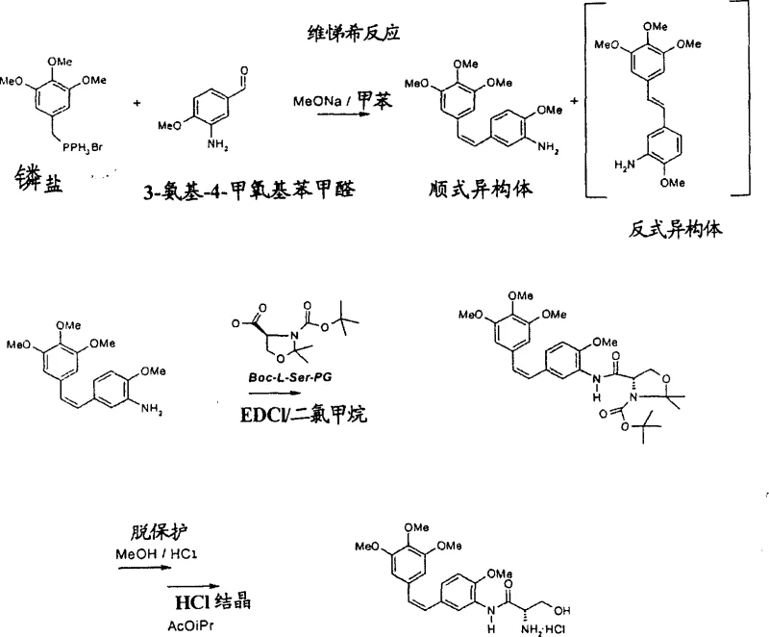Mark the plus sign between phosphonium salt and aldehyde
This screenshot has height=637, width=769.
click(136, 101)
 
